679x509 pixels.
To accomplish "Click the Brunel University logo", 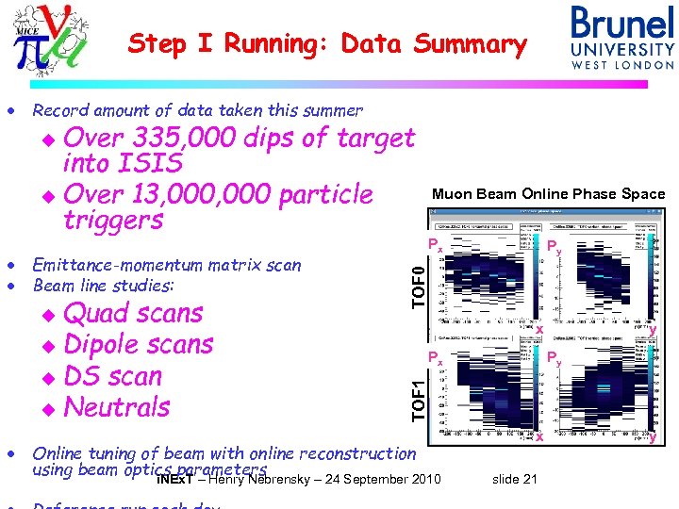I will (622, 38).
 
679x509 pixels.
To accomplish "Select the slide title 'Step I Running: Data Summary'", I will (327, 43).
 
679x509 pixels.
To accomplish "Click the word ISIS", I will (152, 164).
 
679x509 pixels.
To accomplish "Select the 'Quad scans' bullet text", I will (133, 313).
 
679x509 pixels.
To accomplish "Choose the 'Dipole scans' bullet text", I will (139, 344).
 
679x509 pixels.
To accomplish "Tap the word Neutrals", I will (117, 407).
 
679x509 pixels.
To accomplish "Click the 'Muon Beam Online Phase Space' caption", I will (548, 194).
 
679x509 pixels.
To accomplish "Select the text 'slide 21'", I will (515, 480).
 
